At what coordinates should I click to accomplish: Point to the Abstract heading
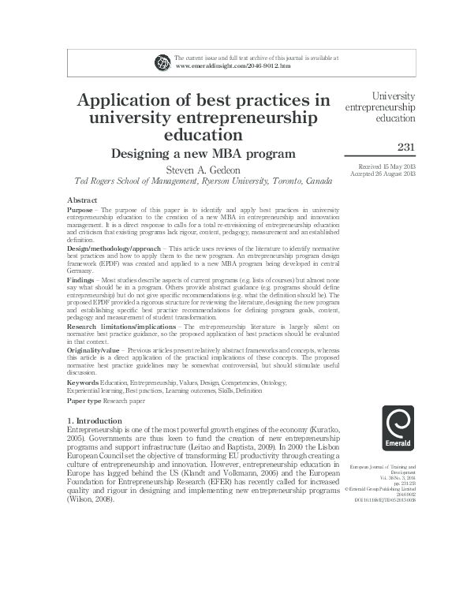click(82, 201)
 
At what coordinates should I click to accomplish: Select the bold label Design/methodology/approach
click(111, 248)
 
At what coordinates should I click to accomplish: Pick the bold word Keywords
click(83, 382)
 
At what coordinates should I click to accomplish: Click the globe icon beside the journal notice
click(163, 62)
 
